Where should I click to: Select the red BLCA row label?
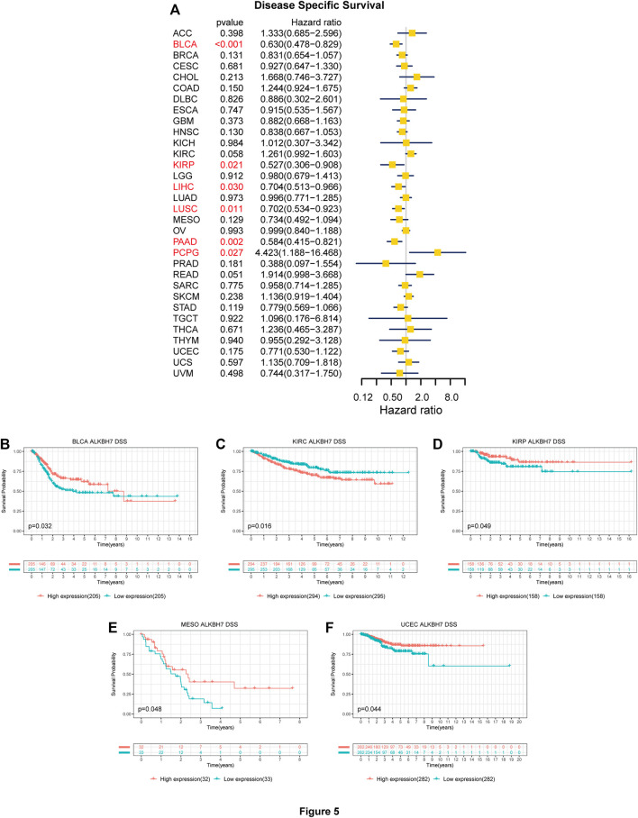tap(184, 43)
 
